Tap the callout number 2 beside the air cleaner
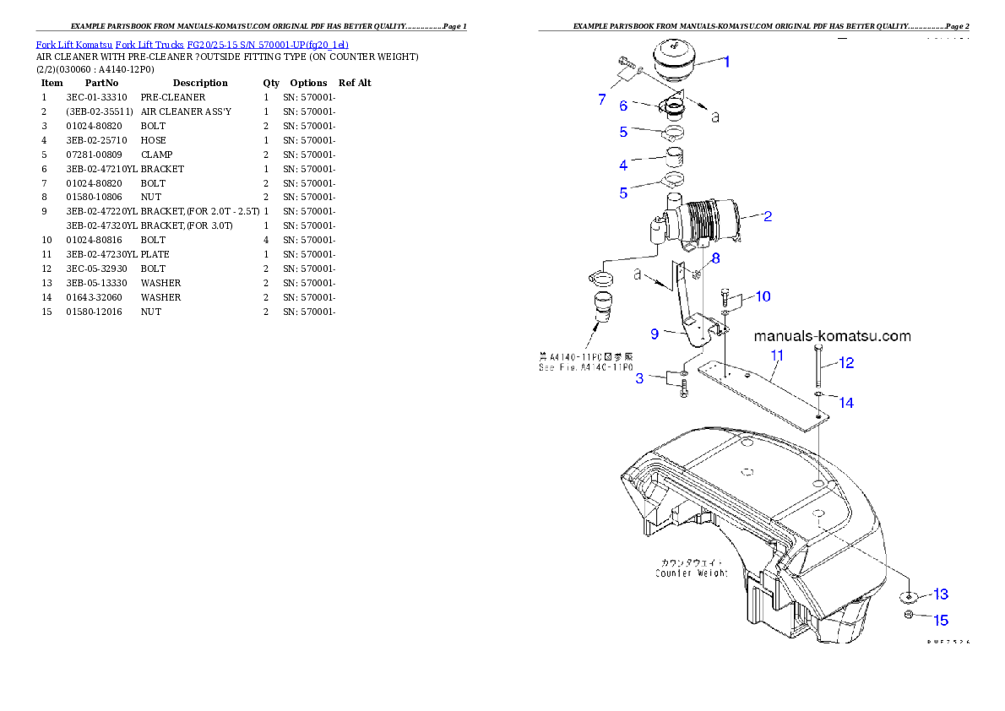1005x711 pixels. click(767, 216)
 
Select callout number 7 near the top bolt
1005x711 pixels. click(602, 99)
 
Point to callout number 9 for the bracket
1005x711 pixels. click(655, 334)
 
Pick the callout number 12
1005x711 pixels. click(845, 363)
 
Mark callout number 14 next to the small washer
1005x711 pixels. click(845, 403)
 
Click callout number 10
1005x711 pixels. click(763, 296)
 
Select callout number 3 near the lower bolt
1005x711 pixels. click(639, 378)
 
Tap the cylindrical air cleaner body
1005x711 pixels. click(714, 222)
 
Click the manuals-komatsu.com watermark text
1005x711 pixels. click(832, 336)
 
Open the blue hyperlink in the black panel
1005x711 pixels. click(192, 44)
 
